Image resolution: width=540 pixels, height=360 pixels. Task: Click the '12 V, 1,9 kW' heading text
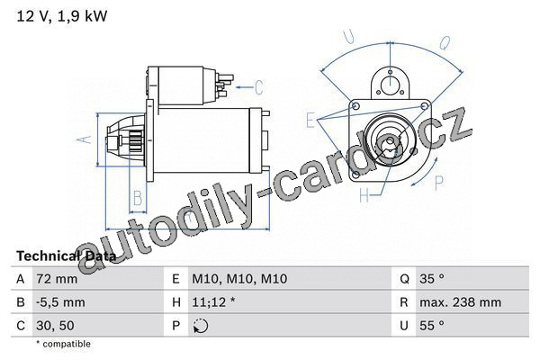(x=62, y=16)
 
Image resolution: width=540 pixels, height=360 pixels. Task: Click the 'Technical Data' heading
(x=66, y=256)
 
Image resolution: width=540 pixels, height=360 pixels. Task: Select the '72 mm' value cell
(x=57, y=279)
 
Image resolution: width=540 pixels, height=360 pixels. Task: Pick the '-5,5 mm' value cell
(x=60, y=302)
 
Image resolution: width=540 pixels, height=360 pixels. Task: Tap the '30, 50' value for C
(x=55, y=326)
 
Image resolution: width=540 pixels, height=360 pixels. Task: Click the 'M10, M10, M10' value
(x=239, y=279)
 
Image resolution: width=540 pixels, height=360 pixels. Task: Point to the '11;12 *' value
(x=213, y=302)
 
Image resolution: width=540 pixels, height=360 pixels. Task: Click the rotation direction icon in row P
(x=201, y=326)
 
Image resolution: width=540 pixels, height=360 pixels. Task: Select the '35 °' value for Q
(x=432, y=278)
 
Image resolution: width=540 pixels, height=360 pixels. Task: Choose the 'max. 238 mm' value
(x=461, y=302)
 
